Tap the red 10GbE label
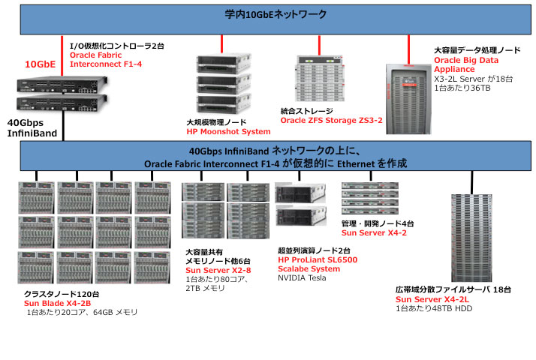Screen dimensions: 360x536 [x=41, y=64]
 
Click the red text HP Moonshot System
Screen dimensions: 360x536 [x=227, y=130]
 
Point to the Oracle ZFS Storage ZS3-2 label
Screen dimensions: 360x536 [x=331, y=119]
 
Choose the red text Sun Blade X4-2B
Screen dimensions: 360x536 [x=57, y=302]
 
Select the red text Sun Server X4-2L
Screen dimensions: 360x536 [x=428, y=299]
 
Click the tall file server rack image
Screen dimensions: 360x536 [x=472, y=235]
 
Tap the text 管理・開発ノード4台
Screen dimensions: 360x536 [x=378, y=223]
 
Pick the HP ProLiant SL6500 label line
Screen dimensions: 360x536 [x=318, y=259]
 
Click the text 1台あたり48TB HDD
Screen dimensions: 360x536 [x=433, y=308]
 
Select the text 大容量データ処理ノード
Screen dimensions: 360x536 [x=477, y=49]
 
